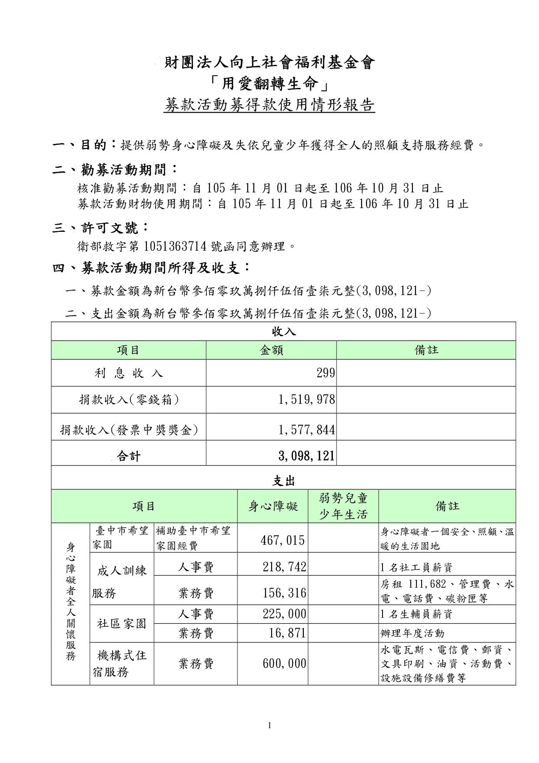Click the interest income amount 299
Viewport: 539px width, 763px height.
pos(326,373)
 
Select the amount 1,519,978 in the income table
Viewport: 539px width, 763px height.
pos(307,400)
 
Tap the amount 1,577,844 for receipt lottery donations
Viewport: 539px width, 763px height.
pos(307,430)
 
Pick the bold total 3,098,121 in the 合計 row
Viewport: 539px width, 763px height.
pos(307,456)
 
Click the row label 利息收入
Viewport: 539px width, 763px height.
pos(129,373)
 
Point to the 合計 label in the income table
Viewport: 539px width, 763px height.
pos(129,456)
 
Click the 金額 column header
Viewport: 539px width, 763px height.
pos(271,350)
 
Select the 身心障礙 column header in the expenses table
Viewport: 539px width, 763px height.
pos(273,506)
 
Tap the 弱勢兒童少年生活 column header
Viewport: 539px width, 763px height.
pos(343,506)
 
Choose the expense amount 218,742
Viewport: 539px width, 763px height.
pos(284,566)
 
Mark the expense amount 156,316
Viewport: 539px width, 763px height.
pos(284,593)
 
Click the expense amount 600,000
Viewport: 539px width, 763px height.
pos(284,663)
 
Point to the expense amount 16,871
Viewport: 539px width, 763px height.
pos(287,633)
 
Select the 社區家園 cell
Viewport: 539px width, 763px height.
pos(122,624)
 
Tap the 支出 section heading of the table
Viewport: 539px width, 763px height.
pos(283,481)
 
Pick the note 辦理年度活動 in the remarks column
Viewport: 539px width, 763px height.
pos(413,633)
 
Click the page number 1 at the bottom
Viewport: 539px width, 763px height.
pos(269,725)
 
